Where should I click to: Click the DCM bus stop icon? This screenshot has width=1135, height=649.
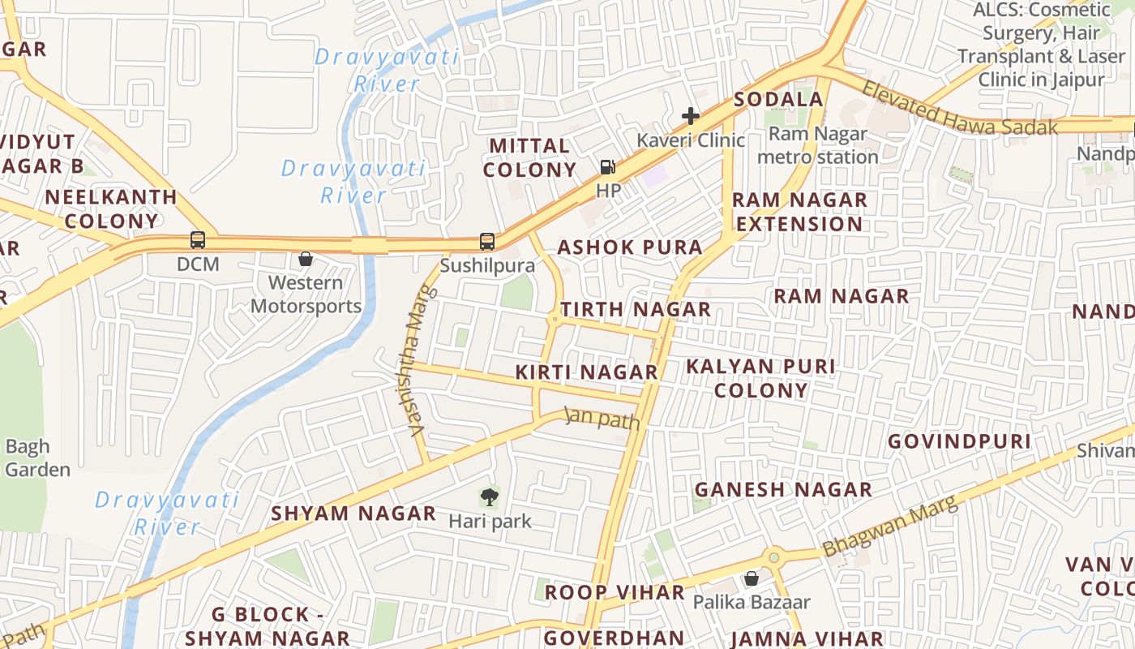click(198, 240)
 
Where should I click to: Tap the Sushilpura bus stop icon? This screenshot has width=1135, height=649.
click(486, 241)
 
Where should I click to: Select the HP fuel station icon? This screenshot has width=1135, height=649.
click(608, 168)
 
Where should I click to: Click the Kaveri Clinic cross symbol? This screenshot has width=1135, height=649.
click(691, 116)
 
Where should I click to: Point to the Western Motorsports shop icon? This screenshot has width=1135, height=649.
click(306, 259)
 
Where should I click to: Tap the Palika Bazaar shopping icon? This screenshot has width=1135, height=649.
click(752, 578)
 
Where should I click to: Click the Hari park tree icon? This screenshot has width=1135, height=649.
click(490, 497)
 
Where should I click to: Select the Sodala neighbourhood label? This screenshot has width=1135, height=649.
click(778, 99)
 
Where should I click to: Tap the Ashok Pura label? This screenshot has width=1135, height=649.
click(630, 247)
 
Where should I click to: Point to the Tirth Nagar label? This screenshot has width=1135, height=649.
click(636, 309)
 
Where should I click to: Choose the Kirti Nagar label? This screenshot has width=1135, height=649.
click(586, 372)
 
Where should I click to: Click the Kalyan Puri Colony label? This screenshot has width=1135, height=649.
click(760, 378)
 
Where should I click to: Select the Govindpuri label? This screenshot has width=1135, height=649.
click(959, 441)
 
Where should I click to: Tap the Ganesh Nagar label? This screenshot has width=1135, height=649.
click(783, 489)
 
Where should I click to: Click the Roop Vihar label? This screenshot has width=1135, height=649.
click(615, 592)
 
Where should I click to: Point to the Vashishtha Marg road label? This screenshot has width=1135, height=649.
click(417, 361)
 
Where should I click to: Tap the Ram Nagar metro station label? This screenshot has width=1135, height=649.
click(817, 145)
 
